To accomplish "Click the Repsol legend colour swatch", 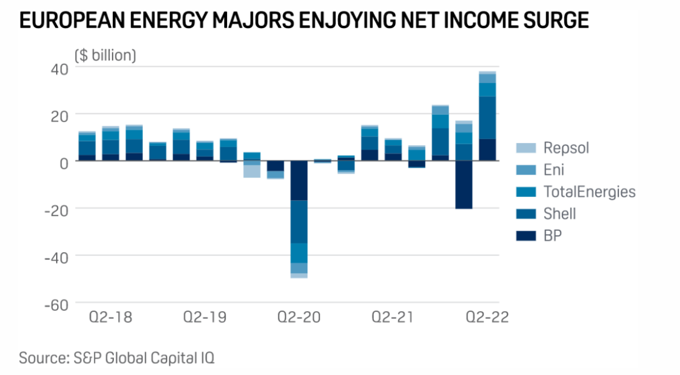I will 525,148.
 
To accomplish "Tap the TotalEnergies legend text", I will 589,192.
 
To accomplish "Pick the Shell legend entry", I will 559,214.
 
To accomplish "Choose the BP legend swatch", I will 525,235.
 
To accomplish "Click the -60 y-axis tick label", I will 55,304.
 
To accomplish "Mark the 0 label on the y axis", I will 63,161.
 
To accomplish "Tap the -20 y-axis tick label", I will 55,209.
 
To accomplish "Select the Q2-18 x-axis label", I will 111,318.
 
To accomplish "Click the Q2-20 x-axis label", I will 299,318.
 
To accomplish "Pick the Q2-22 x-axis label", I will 487,318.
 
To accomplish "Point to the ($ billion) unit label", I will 105,55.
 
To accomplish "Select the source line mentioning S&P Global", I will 117,357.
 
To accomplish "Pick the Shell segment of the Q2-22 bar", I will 487,117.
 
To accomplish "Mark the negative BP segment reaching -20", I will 464,184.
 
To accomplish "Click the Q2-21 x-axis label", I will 393,318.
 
